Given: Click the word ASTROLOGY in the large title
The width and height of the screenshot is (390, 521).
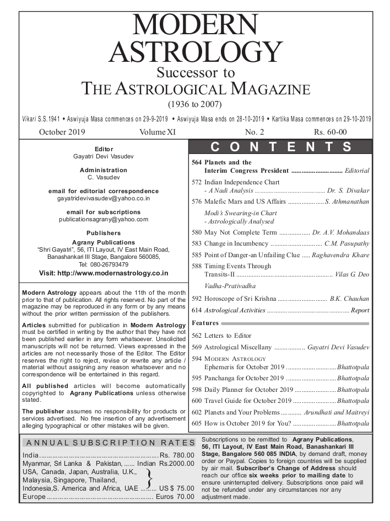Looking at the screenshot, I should [x=196, y=52].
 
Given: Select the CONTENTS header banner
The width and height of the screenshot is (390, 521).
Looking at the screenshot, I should [x=281, y=147].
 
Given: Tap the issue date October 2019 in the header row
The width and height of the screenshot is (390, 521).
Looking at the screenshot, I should [x=62, y=132].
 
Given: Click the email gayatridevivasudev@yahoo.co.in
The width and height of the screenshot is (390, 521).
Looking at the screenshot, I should [x=104, y=198].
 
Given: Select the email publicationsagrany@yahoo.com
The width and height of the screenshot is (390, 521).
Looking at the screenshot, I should [x=104, y=219].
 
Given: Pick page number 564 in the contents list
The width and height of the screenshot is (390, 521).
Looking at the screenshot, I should [x=197, y=163].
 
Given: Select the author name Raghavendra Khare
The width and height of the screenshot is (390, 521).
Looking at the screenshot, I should [x=340, y=255].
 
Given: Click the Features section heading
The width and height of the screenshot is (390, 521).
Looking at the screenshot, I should [x=205, y=323].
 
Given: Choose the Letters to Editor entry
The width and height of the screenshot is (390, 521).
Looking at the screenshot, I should [x=227, y=336].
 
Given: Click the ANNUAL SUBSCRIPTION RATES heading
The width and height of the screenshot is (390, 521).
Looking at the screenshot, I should [x=107, y=443].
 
